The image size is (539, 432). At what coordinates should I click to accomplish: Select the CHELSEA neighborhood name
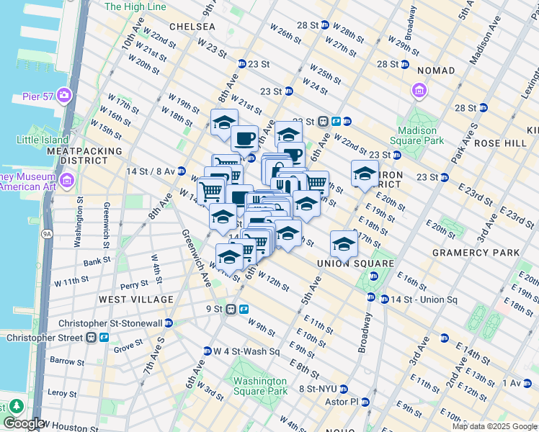(x=192, y=26)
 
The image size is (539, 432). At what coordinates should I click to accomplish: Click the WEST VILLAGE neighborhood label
(x=136, y=299)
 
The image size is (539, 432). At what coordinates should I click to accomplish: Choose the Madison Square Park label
(x=416, y=135)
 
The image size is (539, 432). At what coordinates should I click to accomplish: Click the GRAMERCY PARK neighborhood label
(x=476, y=253)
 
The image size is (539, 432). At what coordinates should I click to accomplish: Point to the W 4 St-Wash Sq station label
(x=246, y=351)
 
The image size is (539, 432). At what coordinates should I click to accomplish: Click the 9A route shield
(x=48, y=233)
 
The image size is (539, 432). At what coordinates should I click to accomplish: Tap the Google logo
(x=24, y=424)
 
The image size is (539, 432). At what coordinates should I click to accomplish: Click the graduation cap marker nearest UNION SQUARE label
(x=344, y=244)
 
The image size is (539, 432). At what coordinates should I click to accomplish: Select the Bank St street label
(x=97, y=263)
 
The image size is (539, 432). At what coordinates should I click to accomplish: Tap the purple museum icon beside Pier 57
(x=64, y=94)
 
